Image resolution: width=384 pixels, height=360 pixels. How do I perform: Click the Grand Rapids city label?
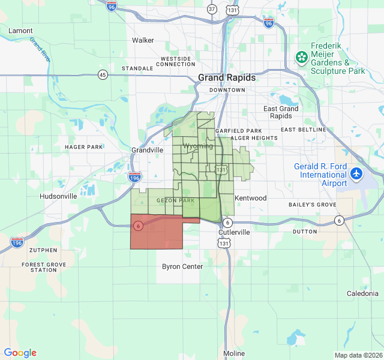(x=227, y=78)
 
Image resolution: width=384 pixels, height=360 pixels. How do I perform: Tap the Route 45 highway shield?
(x=103, y=74)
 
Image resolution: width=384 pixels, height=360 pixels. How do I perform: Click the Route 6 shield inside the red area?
(x=139, y=226)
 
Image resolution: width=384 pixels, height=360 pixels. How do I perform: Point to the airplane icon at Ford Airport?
(x=357, y=173)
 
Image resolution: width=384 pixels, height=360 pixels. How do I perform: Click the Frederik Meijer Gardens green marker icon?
(x=301, y=58)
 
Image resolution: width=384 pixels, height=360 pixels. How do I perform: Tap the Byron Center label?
(x=182, y=266)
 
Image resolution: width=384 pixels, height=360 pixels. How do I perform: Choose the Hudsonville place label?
(x=58, y=196)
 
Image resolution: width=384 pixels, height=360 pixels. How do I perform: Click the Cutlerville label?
(x=234, y=232)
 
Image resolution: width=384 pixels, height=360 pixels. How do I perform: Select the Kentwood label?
(x=251, y=198)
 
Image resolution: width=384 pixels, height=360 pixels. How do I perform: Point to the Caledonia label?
(x=362, y=293)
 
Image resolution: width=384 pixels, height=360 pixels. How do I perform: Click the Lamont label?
(x=21, y=30)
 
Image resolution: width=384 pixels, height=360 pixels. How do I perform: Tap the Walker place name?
(x=143, y=40)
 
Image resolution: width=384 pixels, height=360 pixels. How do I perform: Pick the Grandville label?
(x=147, y=150)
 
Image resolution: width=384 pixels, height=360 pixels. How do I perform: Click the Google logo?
(x=20, y=353)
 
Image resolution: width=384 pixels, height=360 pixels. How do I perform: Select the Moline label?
(x=233, y=353)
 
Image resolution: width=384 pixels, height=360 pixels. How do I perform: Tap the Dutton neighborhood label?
(x=305, y=231)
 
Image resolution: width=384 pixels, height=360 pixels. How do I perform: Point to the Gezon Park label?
(x=175, y=200)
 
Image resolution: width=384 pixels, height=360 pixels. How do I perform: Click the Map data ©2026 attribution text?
(x=358, y=355)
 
